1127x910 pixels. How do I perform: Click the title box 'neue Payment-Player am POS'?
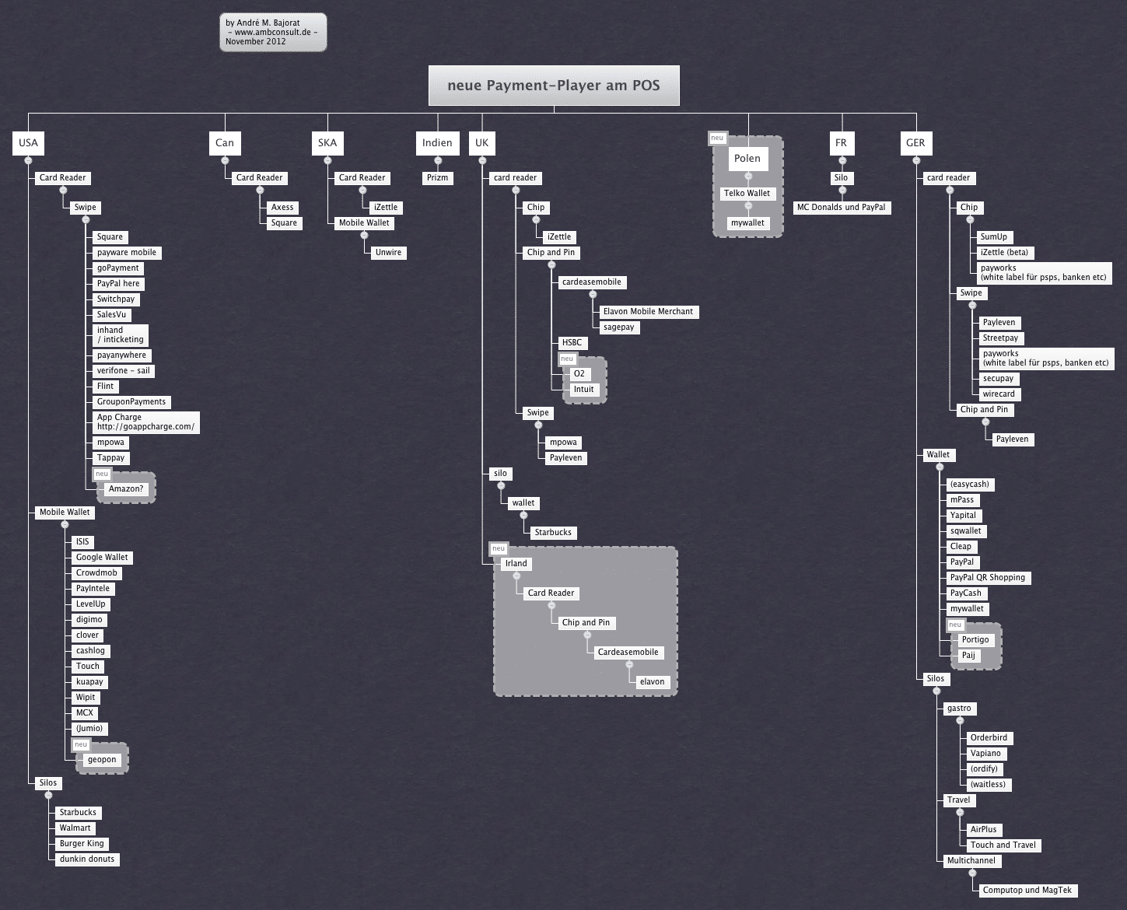(554, 86)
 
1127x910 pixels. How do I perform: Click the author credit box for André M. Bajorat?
(273, 32)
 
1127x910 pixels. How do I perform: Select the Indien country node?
(437, 143)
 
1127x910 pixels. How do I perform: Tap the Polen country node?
(747, 158)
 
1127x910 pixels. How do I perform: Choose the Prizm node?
(438, 178)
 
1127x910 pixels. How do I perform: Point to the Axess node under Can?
(282, 208)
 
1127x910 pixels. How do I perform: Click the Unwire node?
(388, 252)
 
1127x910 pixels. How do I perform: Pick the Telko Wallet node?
(747, 193)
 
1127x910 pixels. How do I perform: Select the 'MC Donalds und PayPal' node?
(842, 208)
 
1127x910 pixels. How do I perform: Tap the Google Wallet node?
(102, 557)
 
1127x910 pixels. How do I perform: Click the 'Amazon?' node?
(126, 489)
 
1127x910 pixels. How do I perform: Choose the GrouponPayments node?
(131, 401)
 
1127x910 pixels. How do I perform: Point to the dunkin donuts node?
(87, 859)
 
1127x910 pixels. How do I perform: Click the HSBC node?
(572, 342)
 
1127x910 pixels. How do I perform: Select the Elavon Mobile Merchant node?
(648, 312)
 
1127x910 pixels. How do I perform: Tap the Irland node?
(516, 563)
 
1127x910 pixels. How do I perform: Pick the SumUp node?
(994, 237)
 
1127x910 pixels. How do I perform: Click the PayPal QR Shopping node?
(987, 578)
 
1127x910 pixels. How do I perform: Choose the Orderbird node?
(989, 737)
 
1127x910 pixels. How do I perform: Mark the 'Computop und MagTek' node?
(1027, 890)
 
